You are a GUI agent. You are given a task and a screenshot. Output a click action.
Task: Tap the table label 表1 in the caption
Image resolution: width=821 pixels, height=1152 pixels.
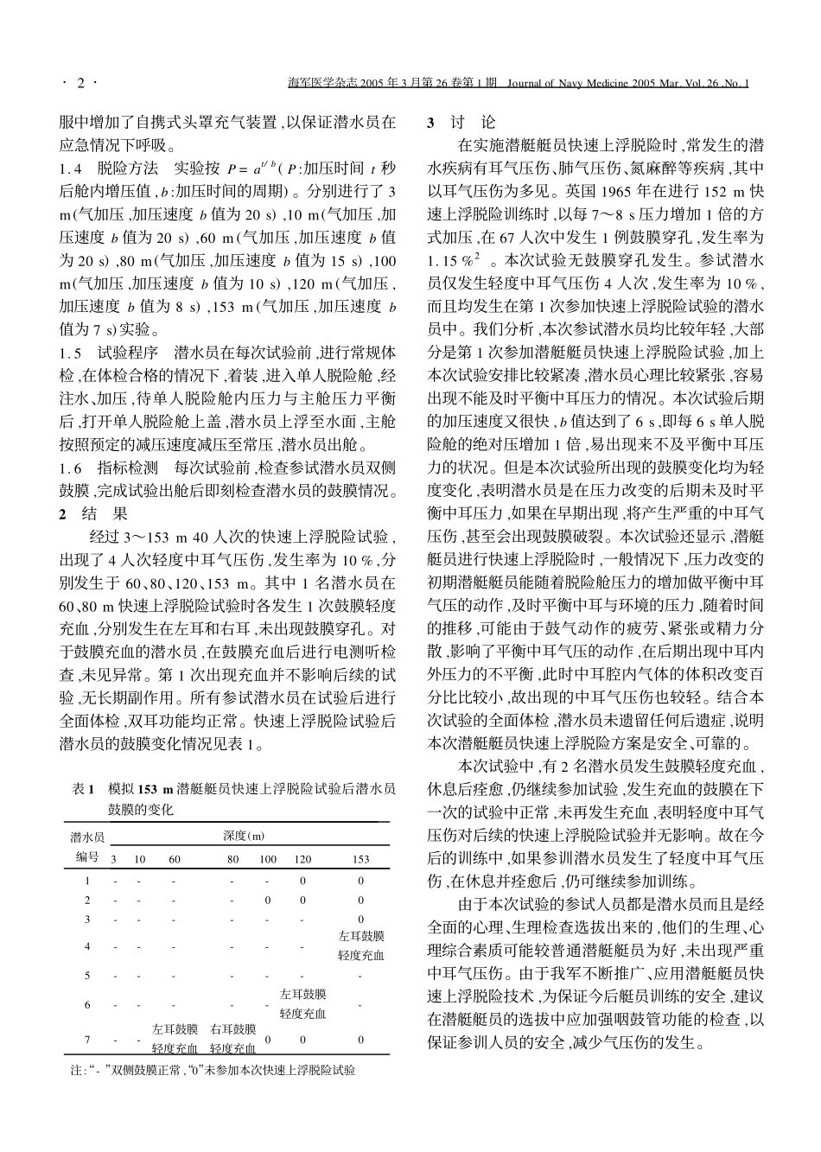click(82, 789)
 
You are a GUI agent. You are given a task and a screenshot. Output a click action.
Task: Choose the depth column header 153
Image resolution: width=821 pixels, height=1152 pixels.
click(361, 859)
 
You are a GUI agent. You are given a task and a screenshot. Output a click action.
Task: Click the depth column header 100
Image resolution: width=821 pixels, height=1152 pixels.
click(269, 859)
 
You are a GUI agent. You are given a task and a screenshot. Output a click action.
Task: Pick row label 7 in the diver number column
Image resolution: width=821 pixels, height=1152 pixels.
click(87, 1040)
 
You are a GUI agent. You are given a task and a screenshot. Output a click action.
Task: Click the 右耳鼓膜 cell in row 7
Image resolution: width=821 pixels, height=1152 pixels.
click(233, 1029)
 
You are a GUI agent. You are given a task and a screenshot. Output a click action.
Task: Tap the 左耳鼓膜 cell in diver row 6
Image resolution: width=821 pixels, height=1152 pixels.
click(302, 995)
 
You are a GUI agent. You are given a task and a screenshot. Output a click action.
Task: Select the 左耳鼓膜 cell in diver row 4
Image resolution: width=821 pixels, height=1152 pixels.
click(361, 936)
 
